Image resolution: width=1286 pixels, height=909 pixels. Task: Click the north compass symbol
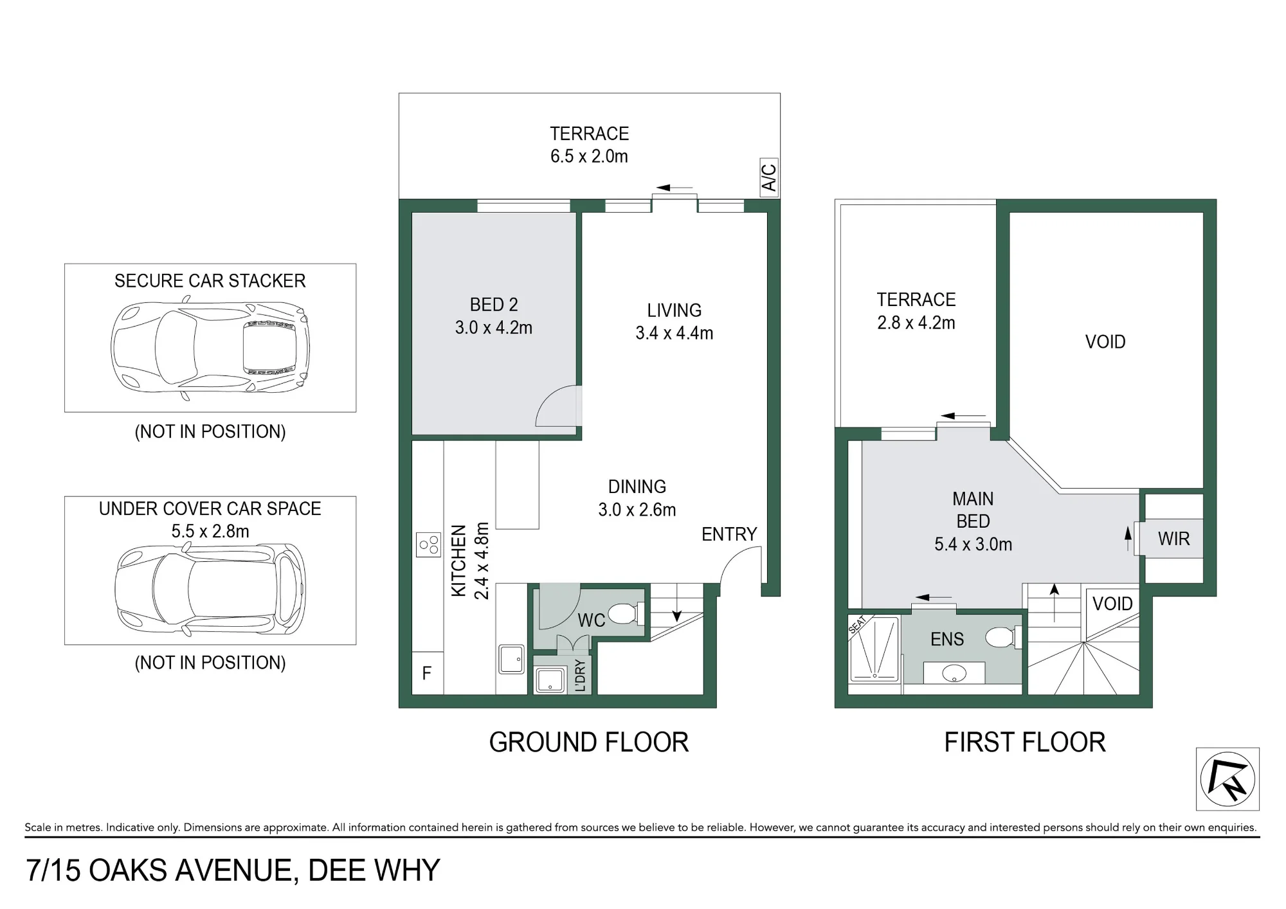pyautogui.click(x=1227, y=779)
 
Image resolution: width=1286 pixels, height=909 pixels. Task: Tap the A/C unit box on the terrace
pyautogui.click(x=769, y=177)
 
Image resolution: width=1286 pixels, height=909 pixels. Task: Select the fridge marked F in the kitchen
pyautogui.click(x=427, y=673)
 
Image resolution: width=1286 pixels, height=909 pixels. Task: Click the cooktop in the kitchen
pyautogui.click(x=429, y=545)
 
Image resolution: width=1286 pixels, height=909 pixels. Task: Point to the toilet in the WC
pyautogui.click(x=626, y=613)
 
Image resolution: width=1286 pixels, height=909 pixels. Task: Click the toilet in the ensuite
pyautogui.click(x=1002, y=638)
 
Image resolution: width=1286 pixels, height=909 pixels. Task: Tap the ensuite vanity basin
pyautogui.click(x=954, y=673)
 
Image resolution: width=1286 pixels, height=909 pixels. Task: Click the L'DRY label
pyautogui.click(x=580, y=675)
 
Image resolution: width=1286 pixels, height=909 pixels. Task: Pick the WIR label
pyautogui.click(x=1173, y=539)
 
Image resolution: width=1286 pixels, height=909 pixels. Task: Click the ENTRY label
pyautogui.click(x=729, y=534)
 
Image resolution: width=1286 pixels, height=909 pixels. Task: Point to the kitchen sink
pyautogui.click(x=512, y=659)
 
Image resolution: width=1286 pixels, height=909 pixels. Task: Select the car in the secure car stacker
pyautogui.click(x=210, y=348)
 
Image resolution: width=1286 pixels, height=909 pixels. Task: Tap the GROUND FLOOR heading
pyautogui.click(x=589, y=742)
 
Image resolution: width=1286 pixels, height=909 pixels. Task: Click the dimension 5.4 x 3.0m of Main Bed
pyautogui.click(x=973, y=544)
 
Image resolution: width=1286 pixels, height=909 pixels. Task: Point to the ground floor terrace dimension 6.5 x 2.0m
pyautogui.click(x=589, y=156)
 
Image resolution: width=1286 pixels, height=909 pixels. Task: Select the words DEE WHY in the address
pyautogui.click(x=374, y=870)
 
